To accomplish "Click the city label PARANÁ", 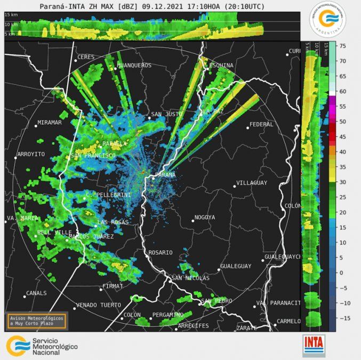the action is [165, 175].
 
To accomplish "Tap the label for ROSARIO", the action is [161, 252].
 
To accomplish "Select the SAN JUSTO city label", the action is [164, 114].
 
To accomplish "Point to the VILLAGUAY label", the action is [252, 183].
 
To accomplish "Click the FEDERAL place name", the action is [261, 124].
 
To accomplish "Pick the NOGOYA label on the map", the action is [204, 217].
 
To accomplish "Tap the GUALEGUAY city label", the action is [236, 266].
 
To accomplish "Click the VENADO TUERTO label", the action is [99, 305].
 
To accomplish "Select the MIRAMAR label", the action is [49, 123].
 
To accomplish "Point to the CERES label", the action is [86, 57].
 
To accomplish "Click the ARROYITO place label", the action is [31, 154].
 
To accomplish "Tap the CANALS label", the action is [37, 293].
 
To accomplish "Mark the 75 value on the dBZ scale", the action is [343, 46].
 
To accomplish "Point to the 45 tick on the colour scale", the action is [343, 137].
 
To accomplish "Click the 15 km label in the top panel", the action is [11, 15].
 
